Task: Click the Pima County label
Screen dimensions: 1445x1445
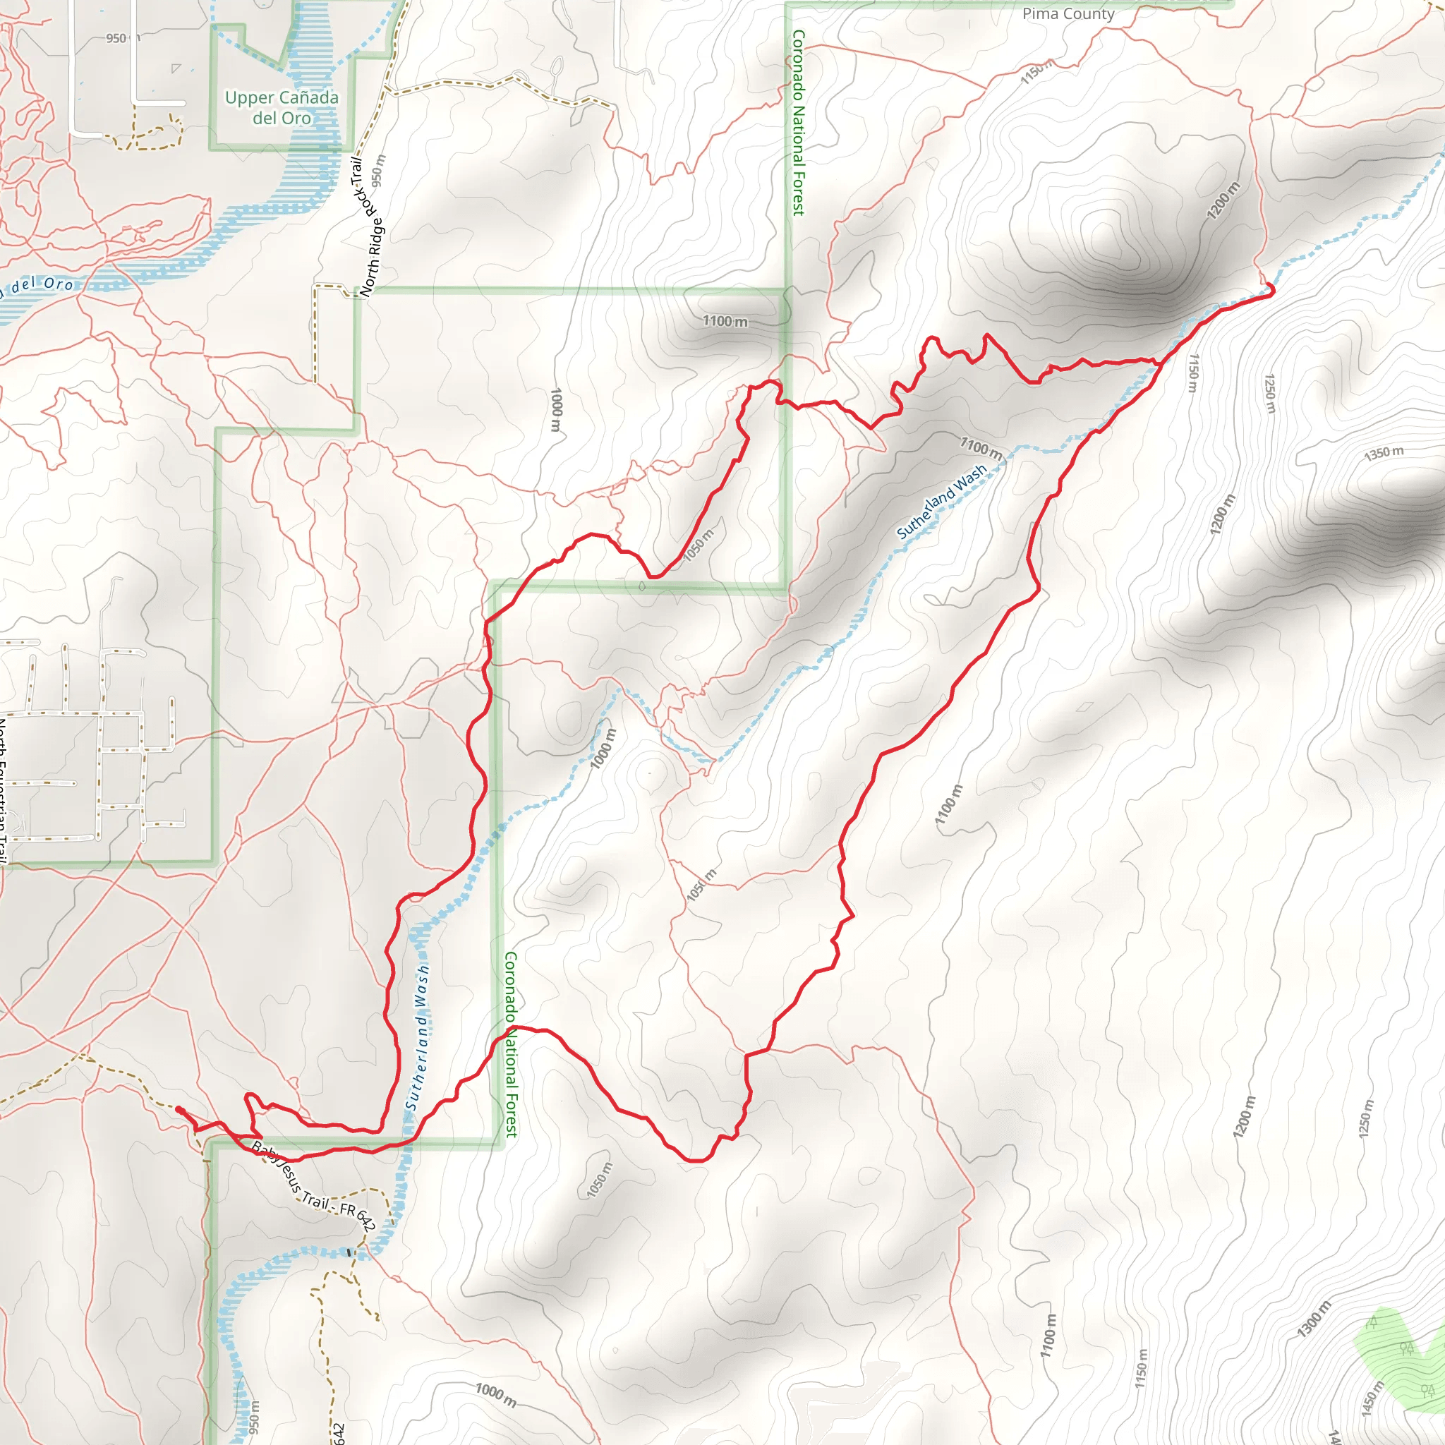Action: [1068, 13]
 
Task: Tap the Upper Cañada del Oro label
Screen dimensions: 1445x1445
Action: [282, 108]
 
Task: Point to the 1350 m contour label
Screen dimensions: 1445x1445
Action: [1384, 453]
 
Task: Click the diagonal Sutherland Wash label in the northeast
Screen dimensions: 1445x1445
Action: [942, 502]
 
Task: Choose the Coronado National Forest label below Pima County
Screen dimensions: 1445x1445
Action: [798, 123]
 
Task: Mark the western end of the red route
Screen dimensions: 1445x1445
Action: [178, 1109]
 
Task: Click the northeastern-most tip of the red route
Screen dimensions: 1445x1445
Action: [1272, 289]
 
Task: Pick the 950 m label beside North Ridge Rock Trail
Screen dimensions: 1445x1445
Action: [378, 171]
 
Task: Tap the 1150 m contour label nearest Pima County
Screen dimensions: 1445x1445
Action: [1036, 72]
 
